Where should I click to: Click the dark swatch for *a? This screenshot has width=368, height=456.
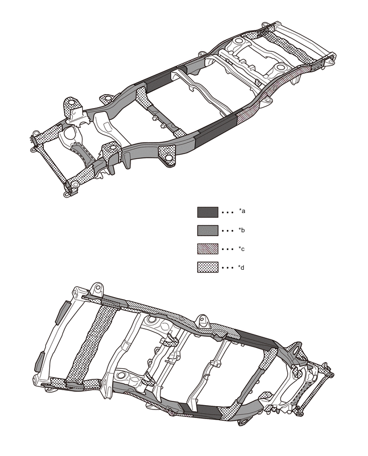pos(208,212)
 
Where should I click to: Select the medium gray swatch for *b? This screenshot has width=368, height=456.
pos(208,231)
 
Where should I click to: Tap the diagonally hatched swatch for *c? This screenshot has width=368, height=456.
pos(208,249)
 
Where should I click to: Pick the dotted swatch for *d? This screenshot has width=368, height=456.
pos(208,268)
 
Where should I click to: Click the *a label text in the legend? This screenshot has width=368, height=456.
pos(242,212)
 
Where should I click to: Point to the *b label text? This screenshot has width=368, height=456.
pos(242,231)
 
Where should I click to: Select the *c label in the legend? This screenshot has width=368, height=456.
pos(242,249)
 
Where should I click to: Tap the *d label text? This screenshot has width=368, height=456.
pos(242,268)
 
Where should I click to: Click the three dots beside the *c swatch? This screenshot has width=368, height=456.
pos(228,249)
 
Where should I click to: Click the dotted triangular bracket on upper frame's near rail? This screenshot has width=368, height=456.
pos(167,154)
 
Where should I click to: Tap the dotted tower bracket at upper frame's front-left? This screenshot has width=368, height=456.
pos(71,110)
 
